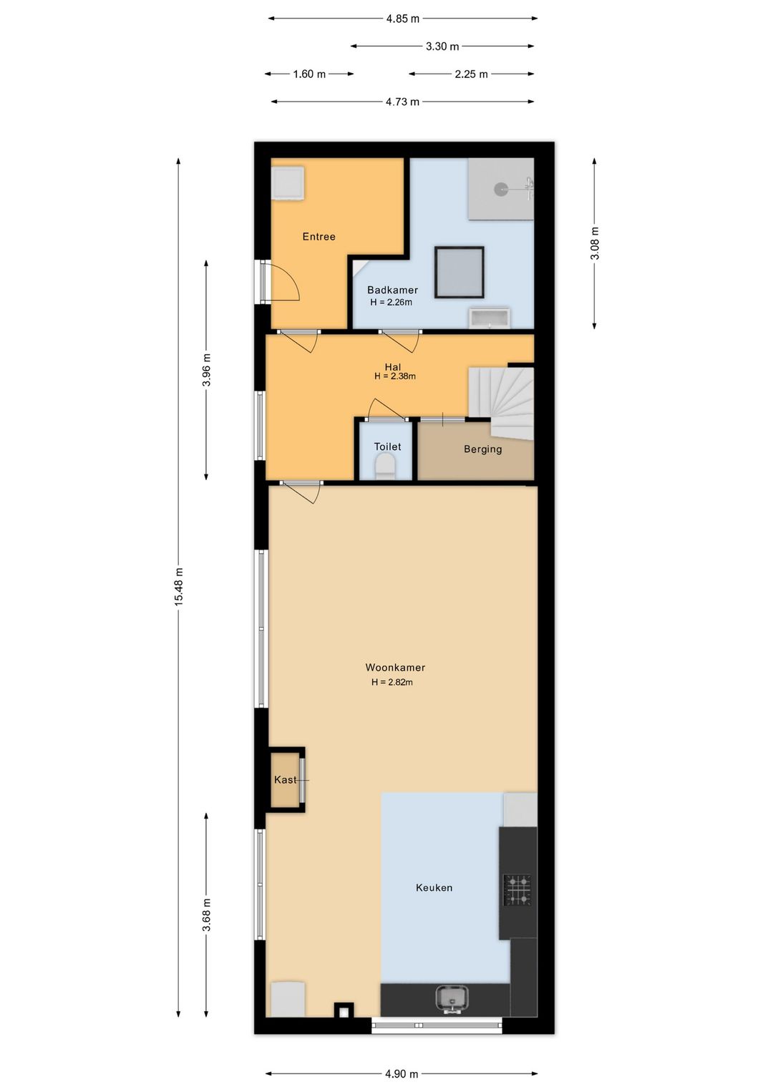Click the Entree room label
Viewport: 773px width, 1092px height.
tap(319, 236)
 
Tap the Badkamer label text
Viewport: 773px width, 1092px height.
tap(392, 290)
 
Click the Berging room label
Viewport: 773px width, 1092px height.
tap(482, 449)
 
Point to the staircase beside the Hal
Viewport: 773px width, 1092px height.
tap(501, 403)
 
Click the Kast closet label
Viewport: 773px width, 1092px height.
tap(285, 779)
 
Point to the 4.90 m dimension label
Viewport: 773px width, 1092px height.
tap(402, 1073)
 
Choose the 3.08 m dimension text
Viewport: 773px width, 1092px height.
tap(595, 244)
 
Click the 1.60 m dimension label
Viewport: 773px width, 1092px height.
tap(309, 74)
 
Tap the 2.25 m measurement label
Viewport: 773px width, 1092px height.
tap(471, 74)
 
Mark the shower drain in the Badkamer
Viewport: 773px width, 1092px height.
tap(501, 189)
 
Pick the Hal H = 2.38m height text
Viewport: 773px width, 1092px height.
tap(394, 376)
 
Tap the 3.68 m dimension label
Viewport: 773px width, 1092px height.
tap(207, 915)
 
